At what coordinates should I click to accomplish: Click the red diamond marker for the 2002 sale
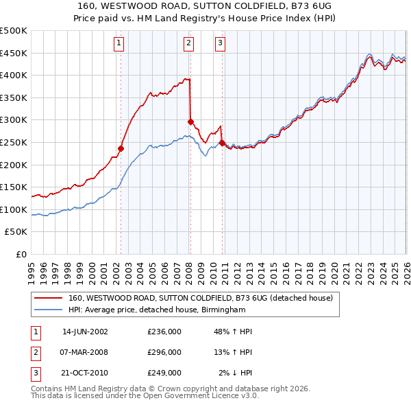click(x=121, y=148)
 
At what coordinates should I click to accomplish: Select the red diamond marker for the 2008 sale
click(x=190, y=121)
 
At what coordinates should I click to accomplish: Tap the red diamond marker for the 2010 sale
click(x=223, y=143)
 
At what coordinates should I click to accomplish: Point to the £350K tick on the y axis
click(x=14, y=98)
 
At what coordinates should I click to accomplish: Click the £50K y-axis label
click(x=16, y=232)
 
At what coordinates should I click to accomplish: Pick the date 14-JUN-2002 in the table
click(x=85, y=332)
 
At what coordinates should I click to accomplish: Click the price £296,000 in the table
click(x=164, y=352)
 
